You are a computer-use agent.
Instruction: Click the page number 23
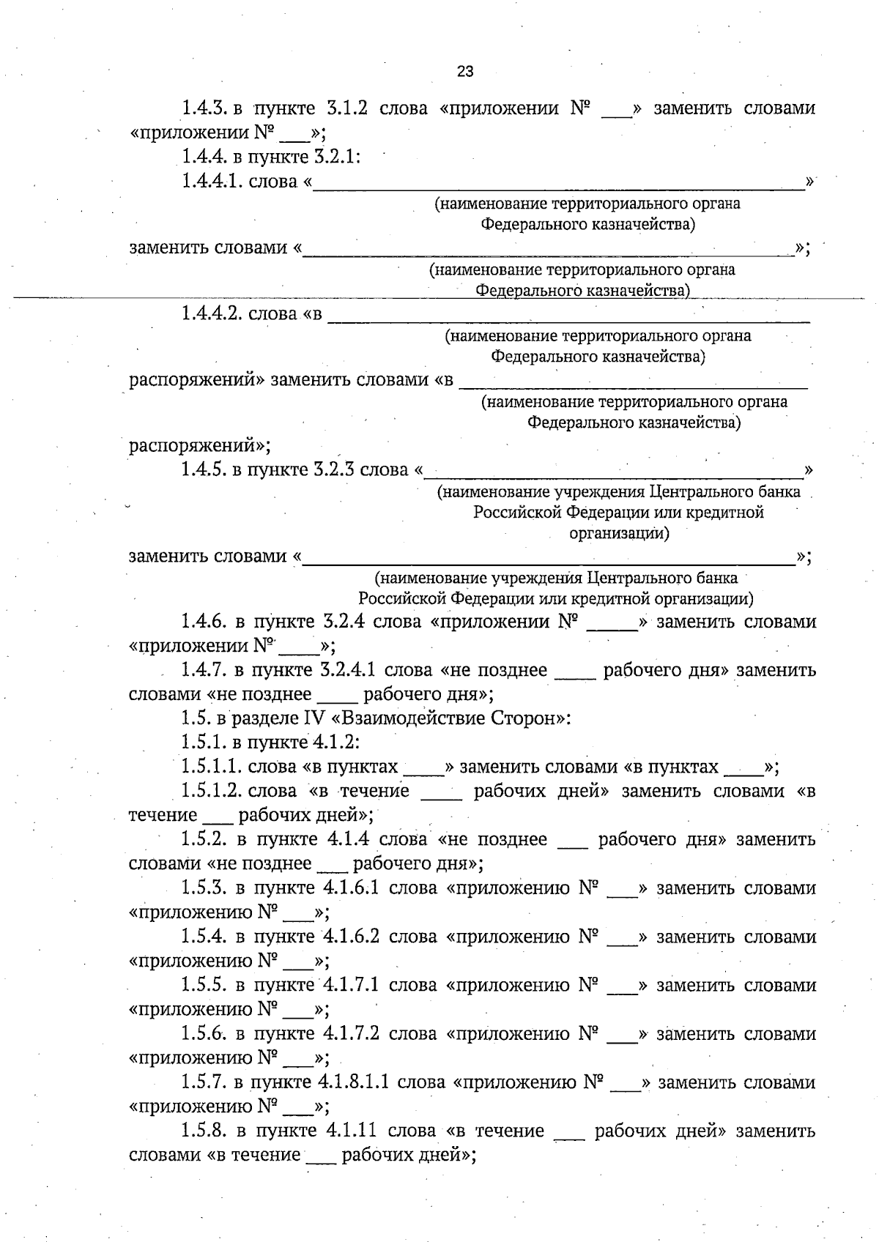tap(465, 71)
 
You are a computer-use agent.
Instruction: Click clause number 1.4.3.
tap(202, 108)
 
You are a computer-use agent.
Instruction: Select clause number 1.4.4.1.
tap(212, 181)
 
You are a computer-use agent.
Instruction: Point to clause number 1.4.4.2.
tap(212, 314)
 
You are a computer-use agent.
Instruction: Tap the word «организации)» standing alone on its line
tap(619, 533)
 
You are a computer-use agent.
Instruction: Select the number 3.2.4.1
tap(348, 670)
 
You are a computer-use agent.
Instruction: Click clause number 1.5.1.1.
tap(212, 767)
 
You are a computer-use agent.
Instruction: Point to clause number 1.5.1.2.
tap(212, 791)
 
